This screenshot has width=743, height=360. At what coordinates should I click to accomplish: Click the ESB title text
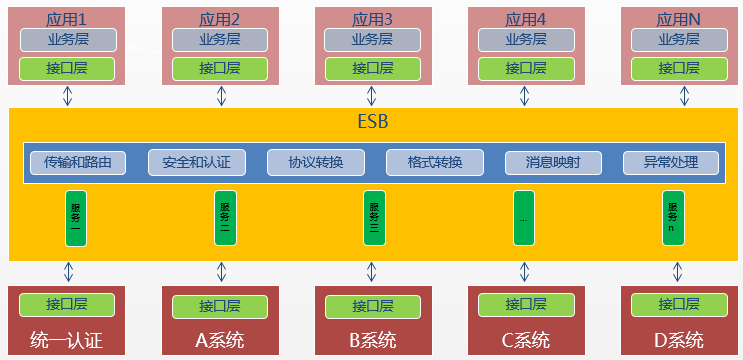(373, 123)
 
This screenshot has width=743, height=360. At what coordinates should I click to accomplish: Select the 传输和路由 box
(78, 162)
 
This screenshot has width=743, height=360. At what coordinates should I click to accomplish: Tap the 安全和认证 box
(196, 162)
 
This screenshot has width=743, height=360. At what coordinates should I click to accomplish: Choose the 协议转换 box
(315, 162)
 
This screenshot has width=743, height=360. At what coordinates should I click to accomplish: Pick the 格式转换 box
(434, 162)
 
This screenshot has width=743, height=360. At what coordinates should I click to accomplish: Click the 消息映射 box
(552, 162)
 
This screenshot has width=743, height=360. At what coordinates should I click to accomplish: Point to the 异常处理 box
(670, 162)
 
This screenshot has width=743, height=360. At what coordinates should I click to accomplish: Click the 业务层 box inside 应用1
(68, 40)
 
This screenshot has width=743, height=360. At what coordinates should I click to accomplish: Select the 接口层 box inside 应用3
(373, 69)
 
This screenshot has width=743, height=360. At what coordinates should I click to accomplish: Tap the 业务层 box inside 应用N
(679, 40)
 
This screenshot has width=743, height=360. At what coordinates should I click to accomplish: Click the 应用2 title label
(220, 18)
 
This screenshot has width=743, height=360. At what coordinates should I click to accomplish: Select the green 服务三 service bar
(372, 217)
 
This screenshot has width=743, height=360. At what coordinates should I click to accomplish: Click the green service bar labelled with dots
(523, 217)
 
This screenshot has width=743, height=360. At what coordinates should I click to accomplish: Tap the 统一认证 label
(67, 340)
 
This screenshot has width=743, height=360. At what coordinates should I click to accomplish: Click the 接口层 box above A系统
(220, 305)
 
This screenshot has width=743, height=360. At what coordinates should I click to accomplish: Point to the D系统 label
(679, 340)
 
